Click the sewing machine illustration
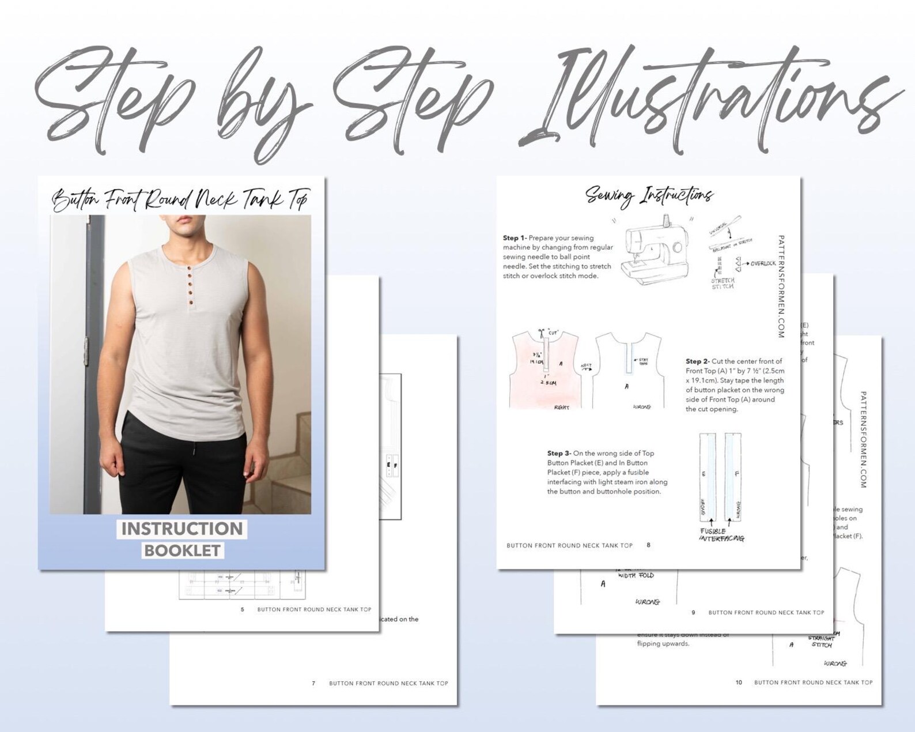(x=656, y=251)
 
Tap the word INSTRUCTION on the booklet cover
(x=182, y=529)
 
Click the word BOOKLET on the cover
(x=182, y=550)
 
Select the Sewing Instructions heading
(x=649, y=196)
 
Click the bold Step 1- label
(x=514, y=237)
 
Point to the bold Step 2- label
(x=697, y=361)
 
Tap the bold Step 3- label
(x=559, y=454)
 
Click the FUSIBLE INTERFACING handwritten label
(x=721, y=535)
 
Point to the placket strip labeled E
(x=707, y=476)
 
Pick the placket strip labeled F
(x=733, y=476)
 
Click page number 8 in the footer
(x=648, y=545)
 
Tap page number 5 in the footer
(x=243, y=609)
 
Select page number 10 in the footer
(x=739, y=682)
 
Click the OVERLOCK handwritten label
(x=762, y=263)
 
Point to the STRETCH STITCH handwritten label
(x=723, y=284)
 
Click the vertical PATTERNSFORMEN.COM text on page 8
(x=781, y=286)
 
